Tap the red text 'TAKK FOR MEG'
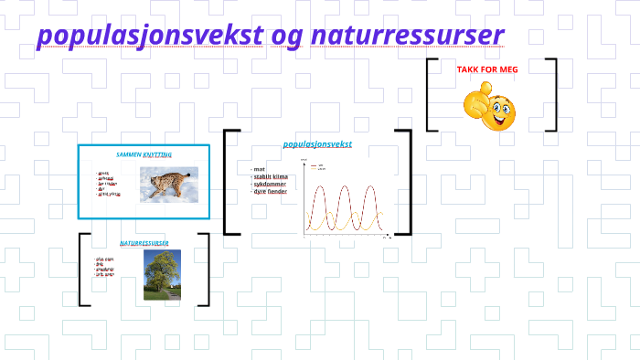point(491,69)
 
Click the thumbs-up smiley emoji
point(491,105)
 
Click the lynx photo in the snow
point(168,184)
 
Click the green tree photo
point(162,275)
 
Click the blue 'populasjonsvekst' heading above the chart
point(317,144)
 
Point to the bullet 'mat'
point(260,169)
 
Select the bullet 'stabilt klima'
point(271,176)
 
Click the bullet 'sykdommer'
point(269,184)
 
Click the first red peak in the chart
point(320,187)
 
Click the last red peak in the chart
point(369,187)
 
